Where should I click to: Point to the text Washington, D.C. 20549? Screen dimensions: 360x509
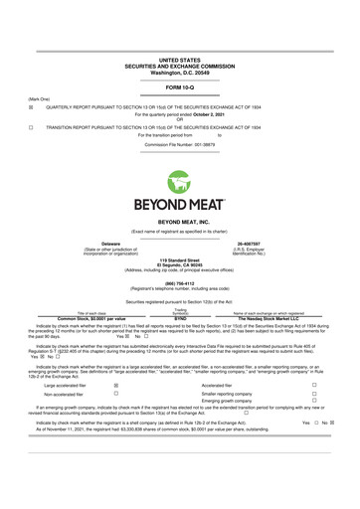tap(180, 45)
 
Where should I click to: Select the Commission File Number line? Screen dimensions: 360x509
tap(180, 144)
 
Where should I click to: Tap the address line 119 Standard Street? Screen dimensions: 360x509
tap(180, 260)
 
